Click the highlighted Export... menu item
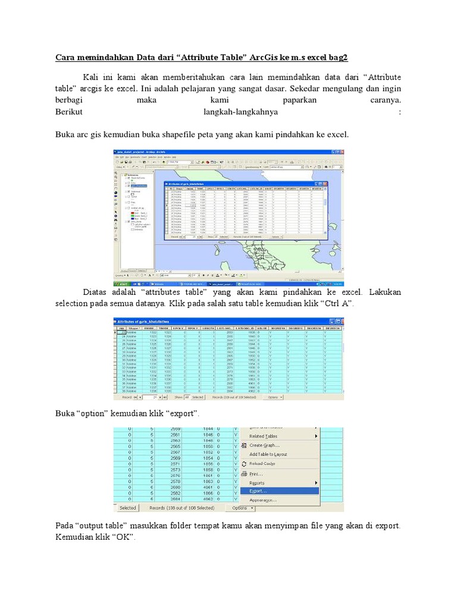tap(258, 491)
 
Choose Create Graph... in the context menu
tap(264, 445)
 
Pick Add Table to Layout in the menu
tap(268, 454)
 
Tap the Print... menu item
tap(256, 474)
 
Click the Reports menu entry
tap(257, 483)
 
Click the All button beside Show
tap(186, 397)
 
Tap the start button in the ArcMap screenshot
tap(121, 284)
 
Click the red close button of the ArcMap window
tap(340, 152)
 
